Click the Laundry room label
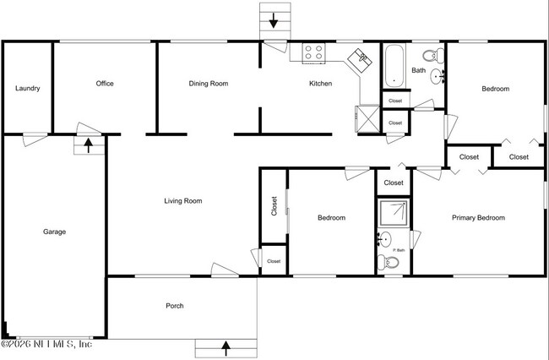28,88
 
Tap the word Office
105,84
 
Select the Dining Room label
208,84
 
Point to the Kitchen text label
320,84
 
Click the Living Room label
182,201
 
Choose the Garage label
54,232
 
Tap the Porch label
174,306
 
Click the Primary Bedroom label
477,218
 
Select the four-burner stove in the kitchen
313,52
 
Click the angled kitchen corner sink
362,58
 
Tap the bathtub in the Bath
394,67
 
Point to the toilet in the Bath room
432,57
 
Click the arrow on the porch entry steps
226,346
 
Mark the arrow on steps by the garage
89,145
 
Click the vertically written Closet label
274,206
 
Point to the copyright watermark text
46,343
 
